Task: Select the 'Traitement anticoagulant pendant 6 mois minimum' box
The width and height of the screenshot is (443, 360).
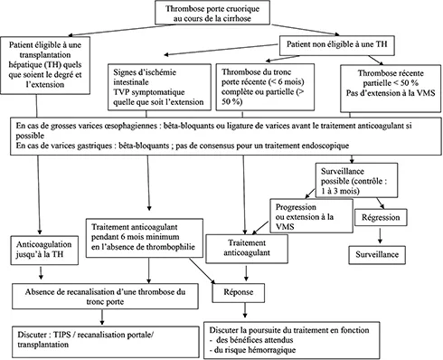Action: click(x=147, y=237)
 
